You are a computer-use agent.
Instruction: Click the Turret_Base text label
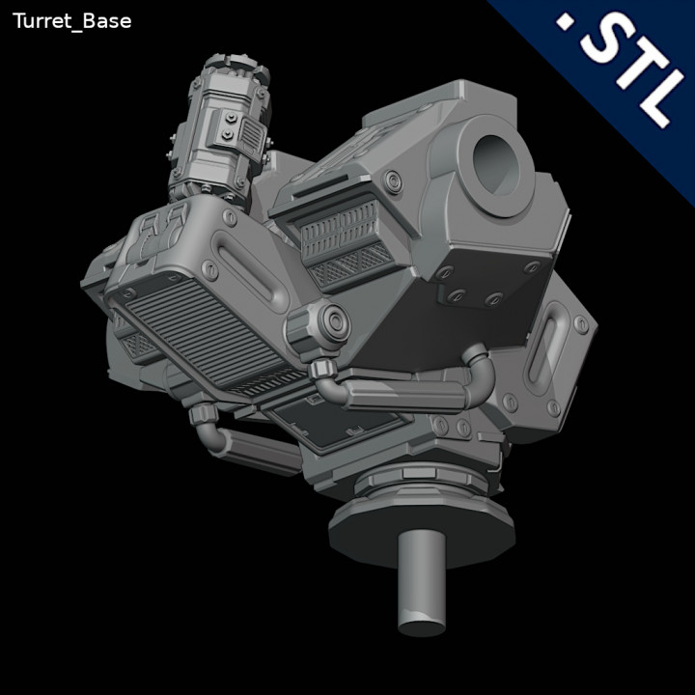coord(71,21)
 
